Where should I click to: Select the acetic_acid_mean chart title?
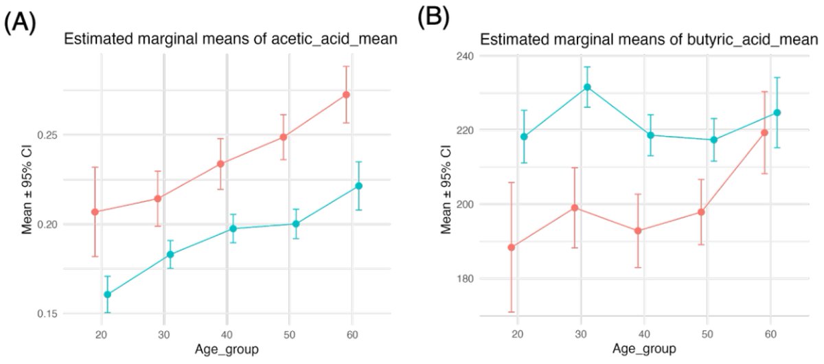231,39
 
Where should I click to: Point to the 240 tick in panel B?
468,56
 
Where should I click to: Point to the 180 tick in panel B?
468,279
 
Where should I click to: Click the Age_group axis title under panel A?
227,350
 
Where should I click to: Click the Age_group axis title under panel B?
645,350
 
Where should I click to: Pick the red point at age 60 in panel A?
347,95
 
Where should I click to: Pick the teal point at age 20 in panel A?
107,295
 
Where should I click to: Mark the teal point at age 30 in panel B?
587,87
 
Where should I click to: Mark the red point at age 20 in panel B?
512,247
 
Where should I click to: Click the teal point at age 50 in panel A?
296,224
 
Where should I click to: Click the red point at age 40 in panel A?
221,163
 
